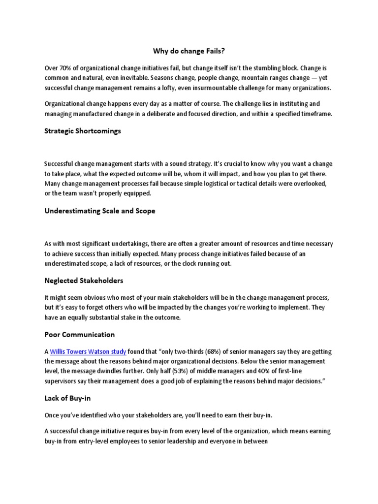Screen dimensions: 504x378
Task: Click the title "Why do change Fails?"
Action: pos(189,51)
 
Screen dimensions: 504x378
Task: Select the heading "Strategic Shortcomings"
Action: pos(83,131)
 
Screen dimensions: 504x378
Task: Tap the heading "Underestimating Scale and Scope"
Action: pos(100,211)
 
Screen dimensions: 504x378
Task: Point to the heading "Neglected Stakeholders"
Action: pos(84,281)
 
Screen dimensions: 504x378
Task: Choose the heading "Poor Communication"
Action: pos(80,335)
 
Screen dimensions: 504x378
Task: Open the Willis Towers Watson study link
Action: pos(88,351)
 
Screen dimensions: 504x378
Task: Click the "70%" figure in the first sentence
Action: pos(66,67)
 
